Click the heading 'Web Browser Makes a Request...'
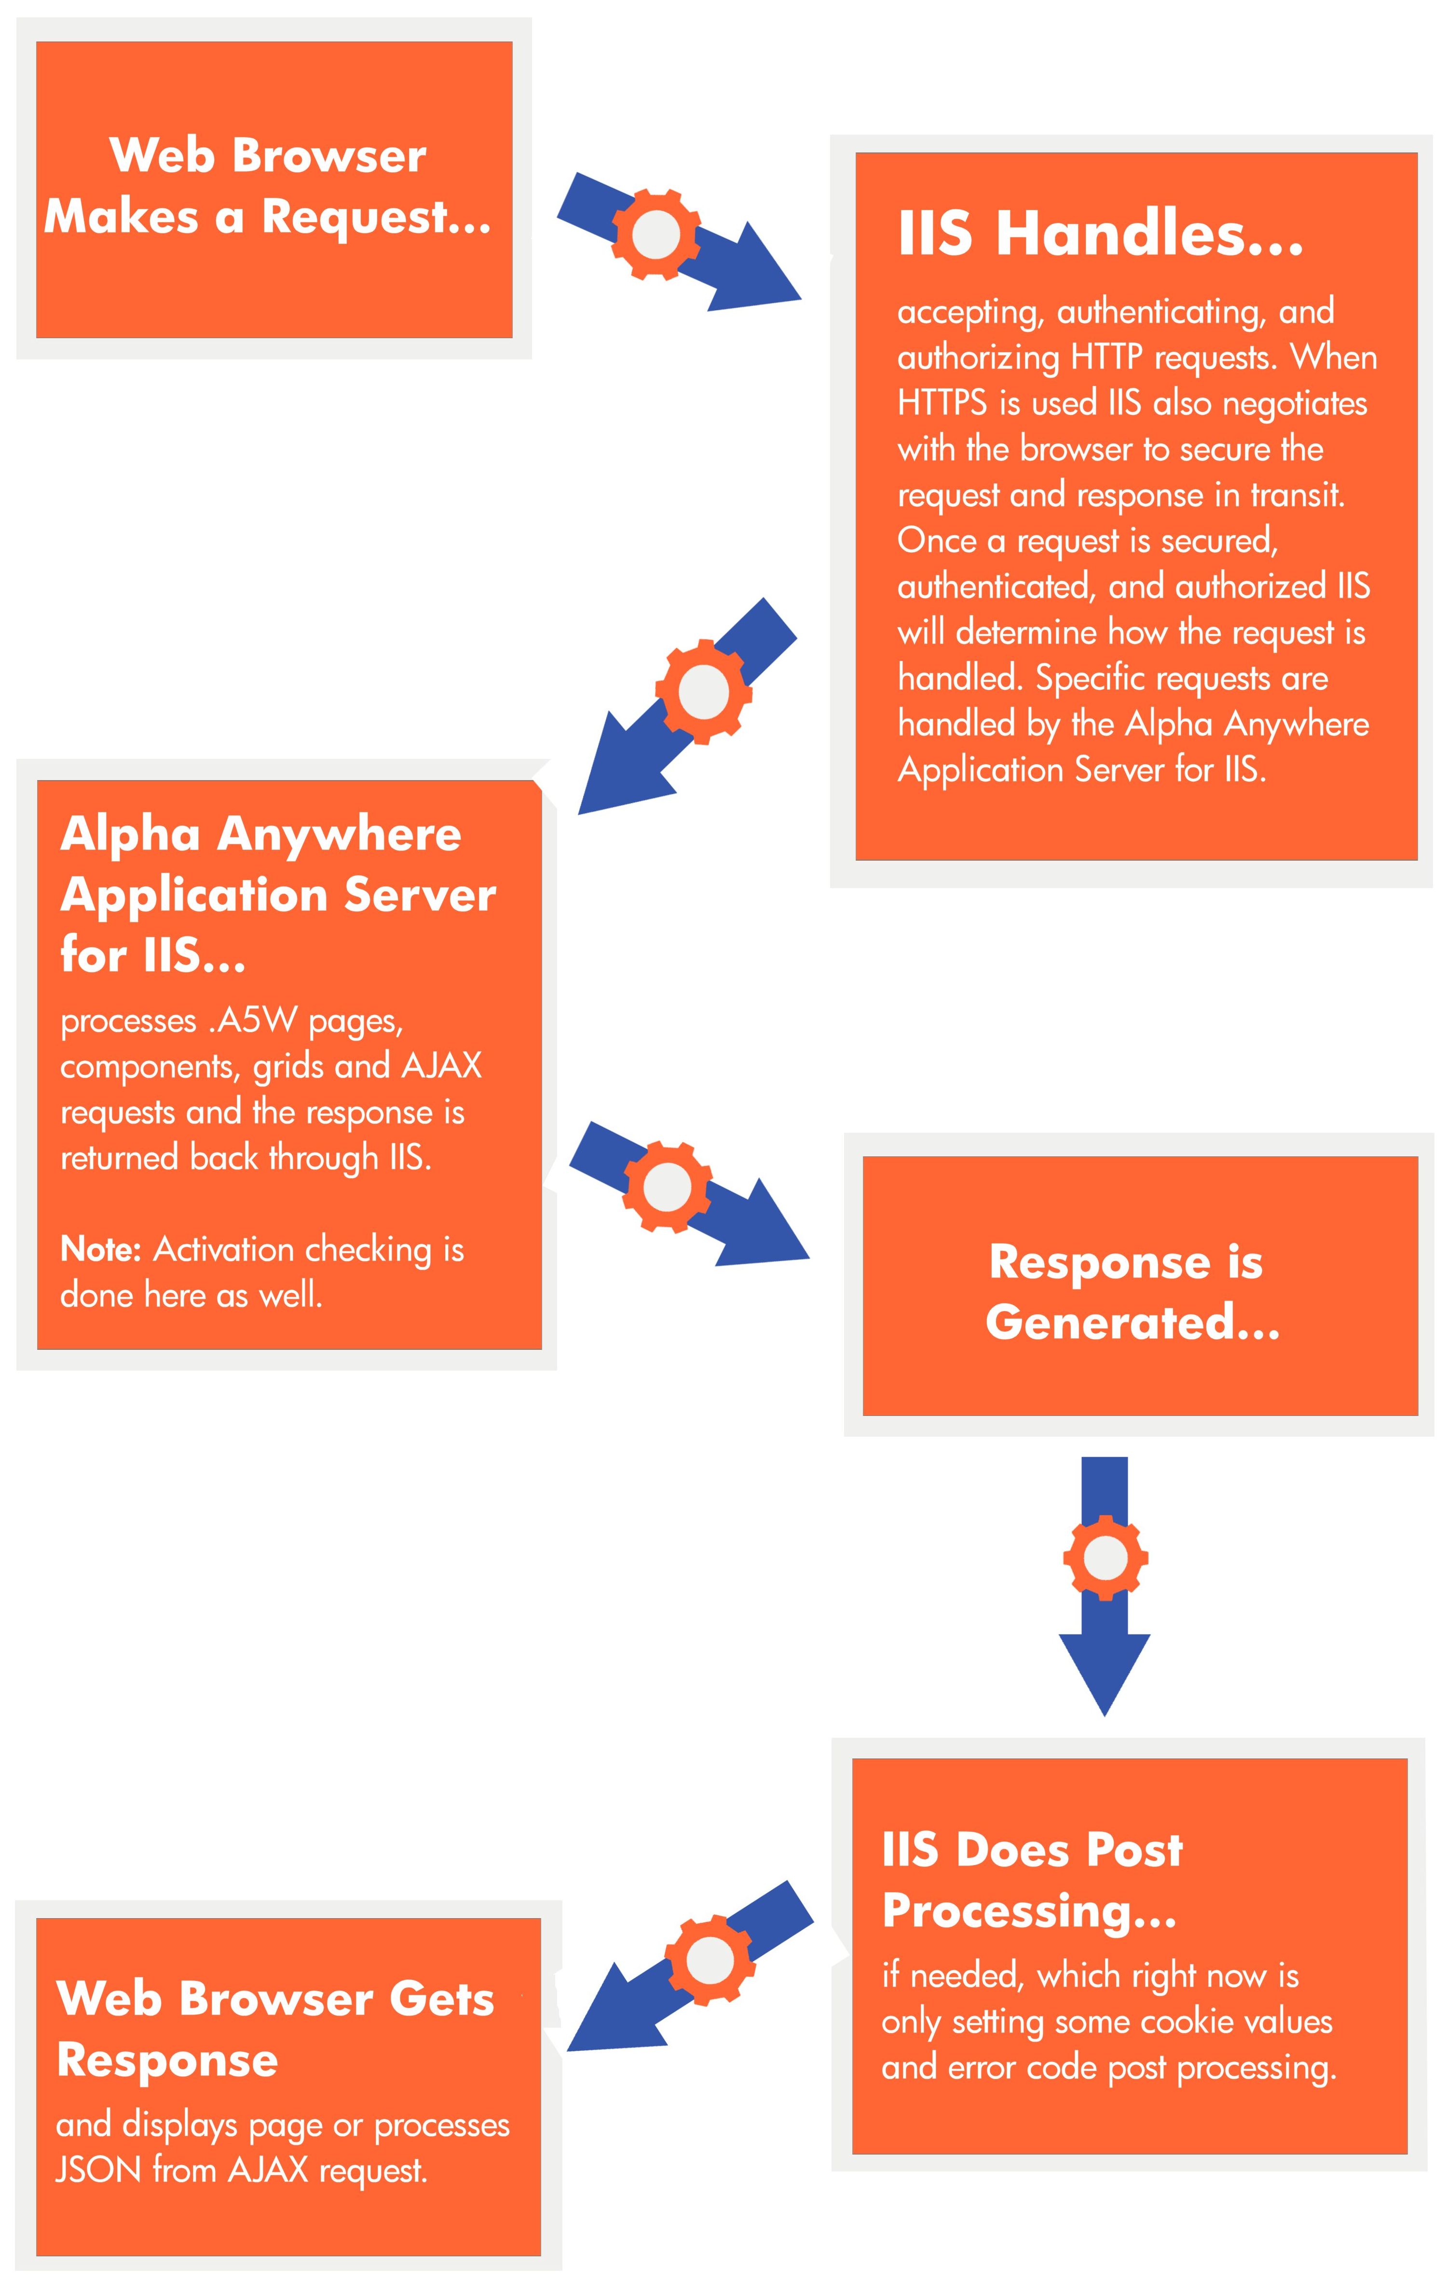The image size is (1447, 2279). tap(268, 186)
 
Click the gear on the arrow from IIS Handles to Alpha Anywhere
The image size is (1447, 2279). tap(704, 692)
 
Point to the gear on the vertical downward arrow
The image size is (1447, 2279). tap(1105, 1557)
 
